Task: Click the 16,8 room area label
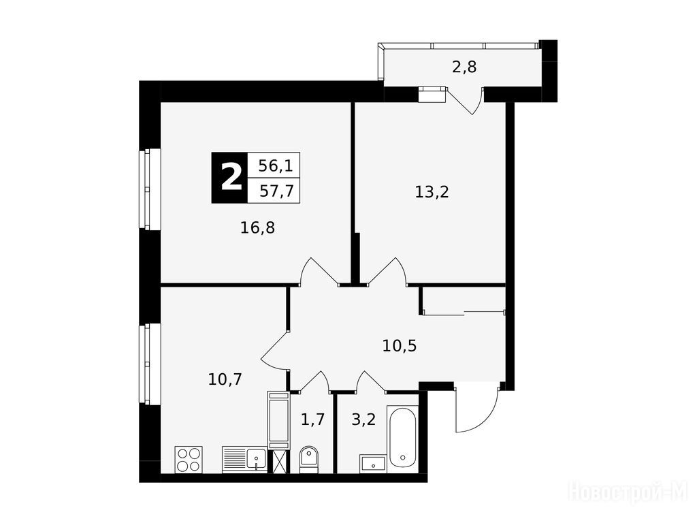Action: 257,228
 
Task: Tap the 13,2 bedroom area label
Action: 432,192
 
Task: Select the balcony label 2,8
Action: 464,67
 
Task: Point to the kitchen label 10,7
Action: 225,379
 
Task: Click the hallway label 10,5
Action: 399,345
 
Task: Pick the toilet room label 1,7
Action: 313,419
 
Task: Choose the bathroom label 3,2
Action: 363,419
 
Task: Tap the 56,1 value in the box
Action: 276,166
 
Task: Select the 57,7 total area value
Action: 276,191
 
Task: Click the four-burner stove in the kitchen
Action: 189,460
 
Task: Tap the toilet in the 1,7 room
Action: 308,460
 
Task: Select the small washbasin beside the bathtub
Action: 373,464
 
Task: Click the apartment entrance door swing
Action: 478,409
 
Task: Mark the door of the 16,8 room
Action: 320,271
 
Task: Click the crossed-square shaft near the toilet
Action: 278,462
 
